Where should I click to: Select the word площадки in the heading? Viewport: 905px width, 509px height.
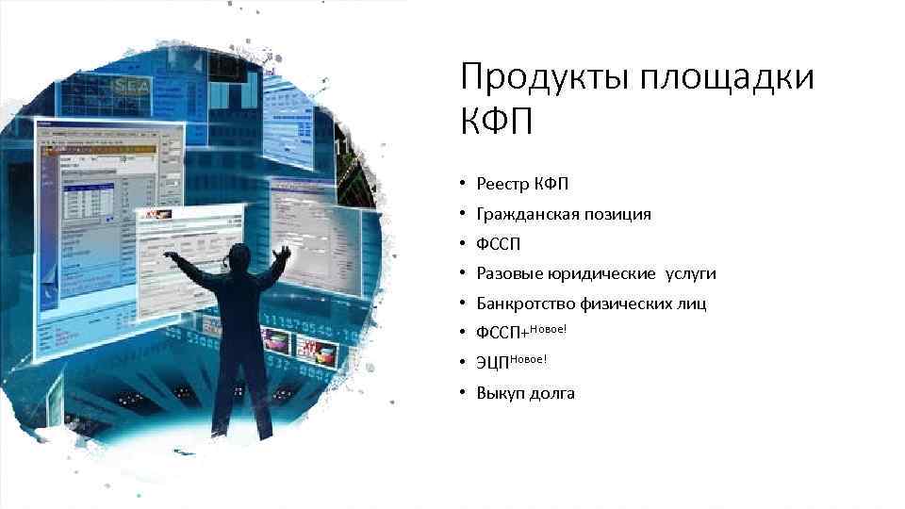(727, 78)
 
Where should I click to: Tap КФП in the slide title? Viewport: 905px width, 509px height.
(497, 122)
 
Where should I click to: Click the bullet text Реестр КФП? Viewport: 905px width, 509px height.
(522, 184)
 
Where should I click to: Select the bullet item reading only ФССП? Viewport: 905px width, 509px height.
(498, 244)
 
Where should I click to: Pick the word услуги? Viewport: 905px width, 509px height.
(691, 274)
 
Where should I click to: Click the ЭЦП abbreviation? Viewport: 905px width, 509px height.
(493, 364)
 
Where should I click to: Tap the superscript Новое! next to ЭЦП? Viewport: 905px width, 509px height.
(529, 358)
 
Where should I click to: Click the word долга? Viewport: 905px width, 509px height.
(551, 394)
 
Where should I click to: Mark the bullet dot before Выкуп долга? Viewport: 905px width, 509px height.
(465, 393)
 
